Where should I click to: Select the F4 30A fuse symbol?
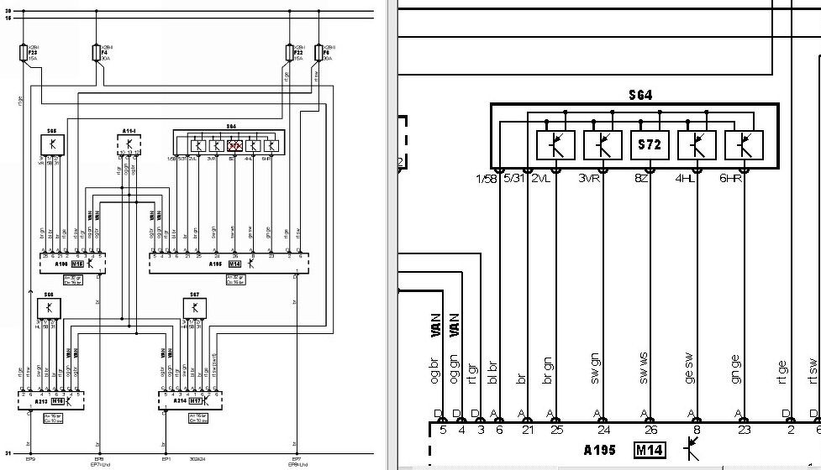95,55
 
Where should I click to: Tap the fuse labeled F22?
290,55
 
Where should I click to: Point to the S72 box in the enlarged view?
650,145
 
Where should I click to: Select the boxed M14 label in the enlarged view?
650,451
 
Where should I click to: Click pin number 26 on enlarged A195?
649,431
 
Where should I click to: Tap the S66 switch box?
49,308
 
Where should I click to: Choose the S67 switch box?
194,308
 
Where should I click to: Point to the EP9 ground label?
30,459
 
